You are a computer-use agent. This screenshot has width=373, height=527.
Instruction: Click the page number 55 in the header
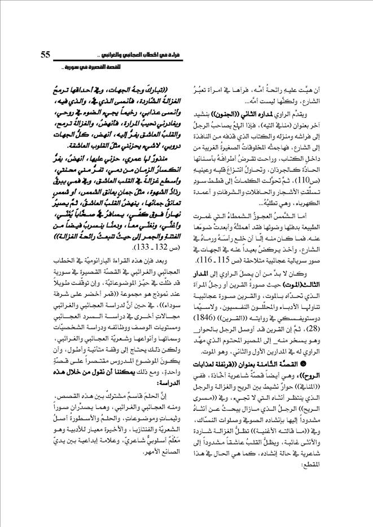(47, 55)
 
